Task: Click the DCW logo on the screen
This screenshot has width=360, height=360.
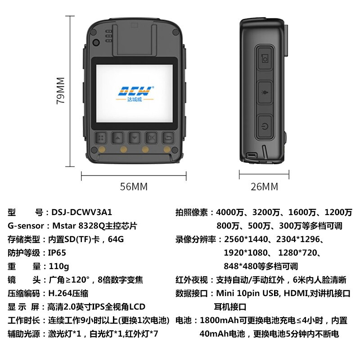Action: pos(135,94)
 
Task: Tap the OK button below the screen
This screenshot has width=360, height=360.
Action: pos(151,138)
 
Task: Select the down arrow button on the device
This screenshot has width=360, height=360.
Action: pos(135,138)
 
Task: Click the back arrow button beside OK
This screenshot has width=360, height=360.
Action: pos(168,138)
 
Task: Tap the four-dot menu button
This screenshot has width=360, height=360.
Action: pos(101,138)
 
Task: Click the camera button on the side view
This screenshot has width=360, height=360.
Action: pos(265,58)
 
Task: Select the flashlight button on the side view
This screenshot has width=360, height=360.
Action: pos(265,93)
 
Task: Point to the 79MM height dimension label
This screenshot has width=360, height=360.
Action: pos(61,90)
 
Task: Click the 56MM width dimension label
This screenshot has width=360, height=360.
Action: pos(134,187)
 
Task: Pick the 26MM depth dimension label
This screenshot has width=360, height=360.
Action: pos(264,187)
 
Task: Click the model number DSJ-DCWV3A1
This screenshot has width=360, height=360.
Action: pos(82,212)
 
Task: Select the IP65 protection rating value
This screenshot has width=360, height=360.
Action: pos(57,253)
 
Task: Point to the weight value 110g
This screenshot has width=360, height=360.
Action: pos(59,266)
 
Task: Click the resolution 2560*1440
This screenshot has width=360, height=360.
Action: pos(246,239)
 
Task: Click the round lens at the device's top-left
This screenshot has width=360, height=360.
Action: pos(96,42)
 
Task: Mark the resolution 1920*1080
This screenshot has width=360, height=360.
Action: pos(246,253)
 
